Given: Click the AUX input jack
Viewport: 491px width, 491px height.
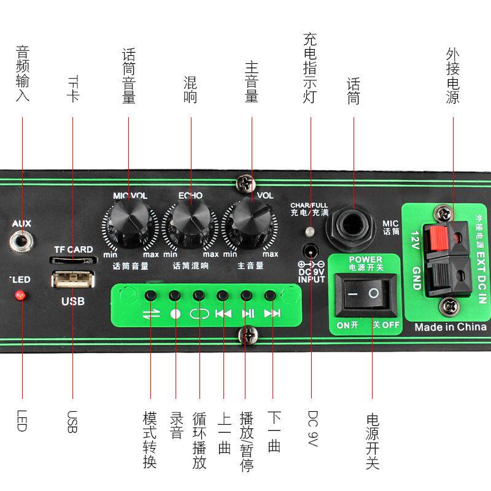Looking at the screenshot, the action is click(x=21, y=238).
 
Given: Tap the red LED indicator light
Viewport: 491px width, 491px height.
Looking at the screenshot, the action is click(x=20, y=296).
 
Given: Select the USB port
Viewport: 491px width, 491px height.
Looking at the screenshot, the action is click(x=72, y=280).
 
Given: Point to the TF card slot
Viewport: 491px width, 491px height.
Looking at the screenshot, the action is click(x=72, y=260).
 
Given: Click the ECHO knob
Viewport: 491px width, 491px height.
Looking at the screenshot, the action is click(x=191, y=220).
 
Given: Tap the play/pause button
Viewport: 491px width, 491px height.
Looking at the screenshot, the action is click(x=246, y=296).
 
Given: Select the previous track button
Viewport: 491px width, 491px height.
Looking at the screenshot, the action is click(x=223, y=296).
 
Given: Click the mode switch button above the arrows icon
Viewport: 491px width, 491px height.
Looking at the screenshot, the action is click(x=150, y=296).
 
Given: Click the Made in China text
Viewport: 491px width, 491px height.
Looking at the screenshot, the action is click(x=450, y=327).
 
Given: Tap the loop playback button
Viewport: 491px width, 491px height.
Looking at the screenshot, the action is click(x=199, y=296).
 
